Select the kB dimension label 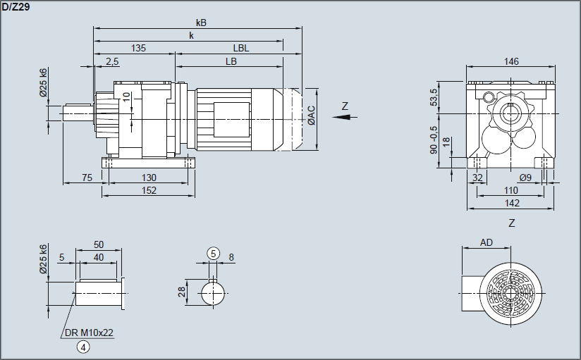point(202,23)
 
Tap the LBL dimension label point(241,49)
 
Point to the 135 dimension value point(139,49)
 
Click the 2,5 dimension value point(112,61)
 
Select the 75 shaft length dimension point(87,178)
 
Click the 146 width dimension point(511,62)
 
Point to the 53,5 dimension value point(434,97)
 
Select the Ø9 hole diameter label point(525,178)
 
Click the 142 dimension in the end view point(512,203)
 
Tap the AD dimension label point(487,242)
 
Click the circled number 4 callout point(83,346)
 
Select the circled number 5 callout point(213,253)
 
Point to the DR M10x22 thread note point(89,333)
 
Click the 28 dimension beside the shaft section point(181,292)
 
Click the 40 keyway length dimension point(99,257)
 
